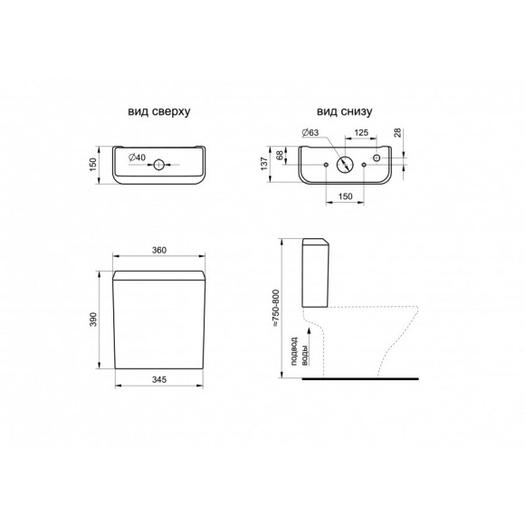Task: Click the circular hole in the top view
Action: click(x=159, y=165)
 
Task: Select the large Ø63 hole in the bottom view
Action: click(x=345, y=165)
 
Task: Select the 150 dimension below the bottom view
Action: click(x=345, y=196)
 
